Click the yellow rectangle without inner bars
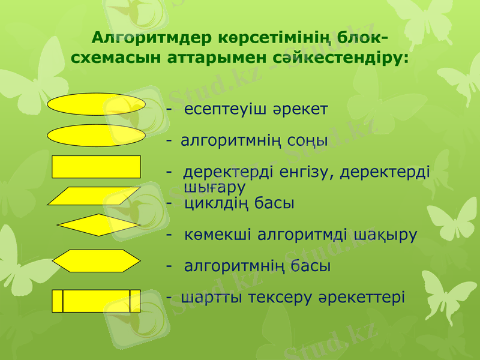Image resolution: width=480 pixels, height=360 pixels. tap(96, 167)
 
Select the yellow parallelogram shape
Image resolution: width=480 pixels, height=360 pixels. tap(94, 196)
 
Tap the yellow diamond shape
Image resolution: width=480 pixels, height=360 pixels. tap(98, 225)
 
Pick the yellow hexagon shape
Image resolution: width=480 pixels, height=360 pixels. tap(97, 261)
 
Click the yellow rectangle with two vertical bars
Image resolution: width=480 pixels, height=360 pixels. tap(96, 301)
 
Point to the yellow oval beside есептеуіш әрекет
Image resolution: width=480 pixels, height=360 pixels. tap(96, 104)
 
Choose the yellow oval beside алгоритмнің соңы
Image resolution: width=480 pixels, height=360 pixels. tap(96, 136)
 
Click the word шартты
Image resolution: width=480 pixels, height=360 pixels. tap(208, 297)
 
